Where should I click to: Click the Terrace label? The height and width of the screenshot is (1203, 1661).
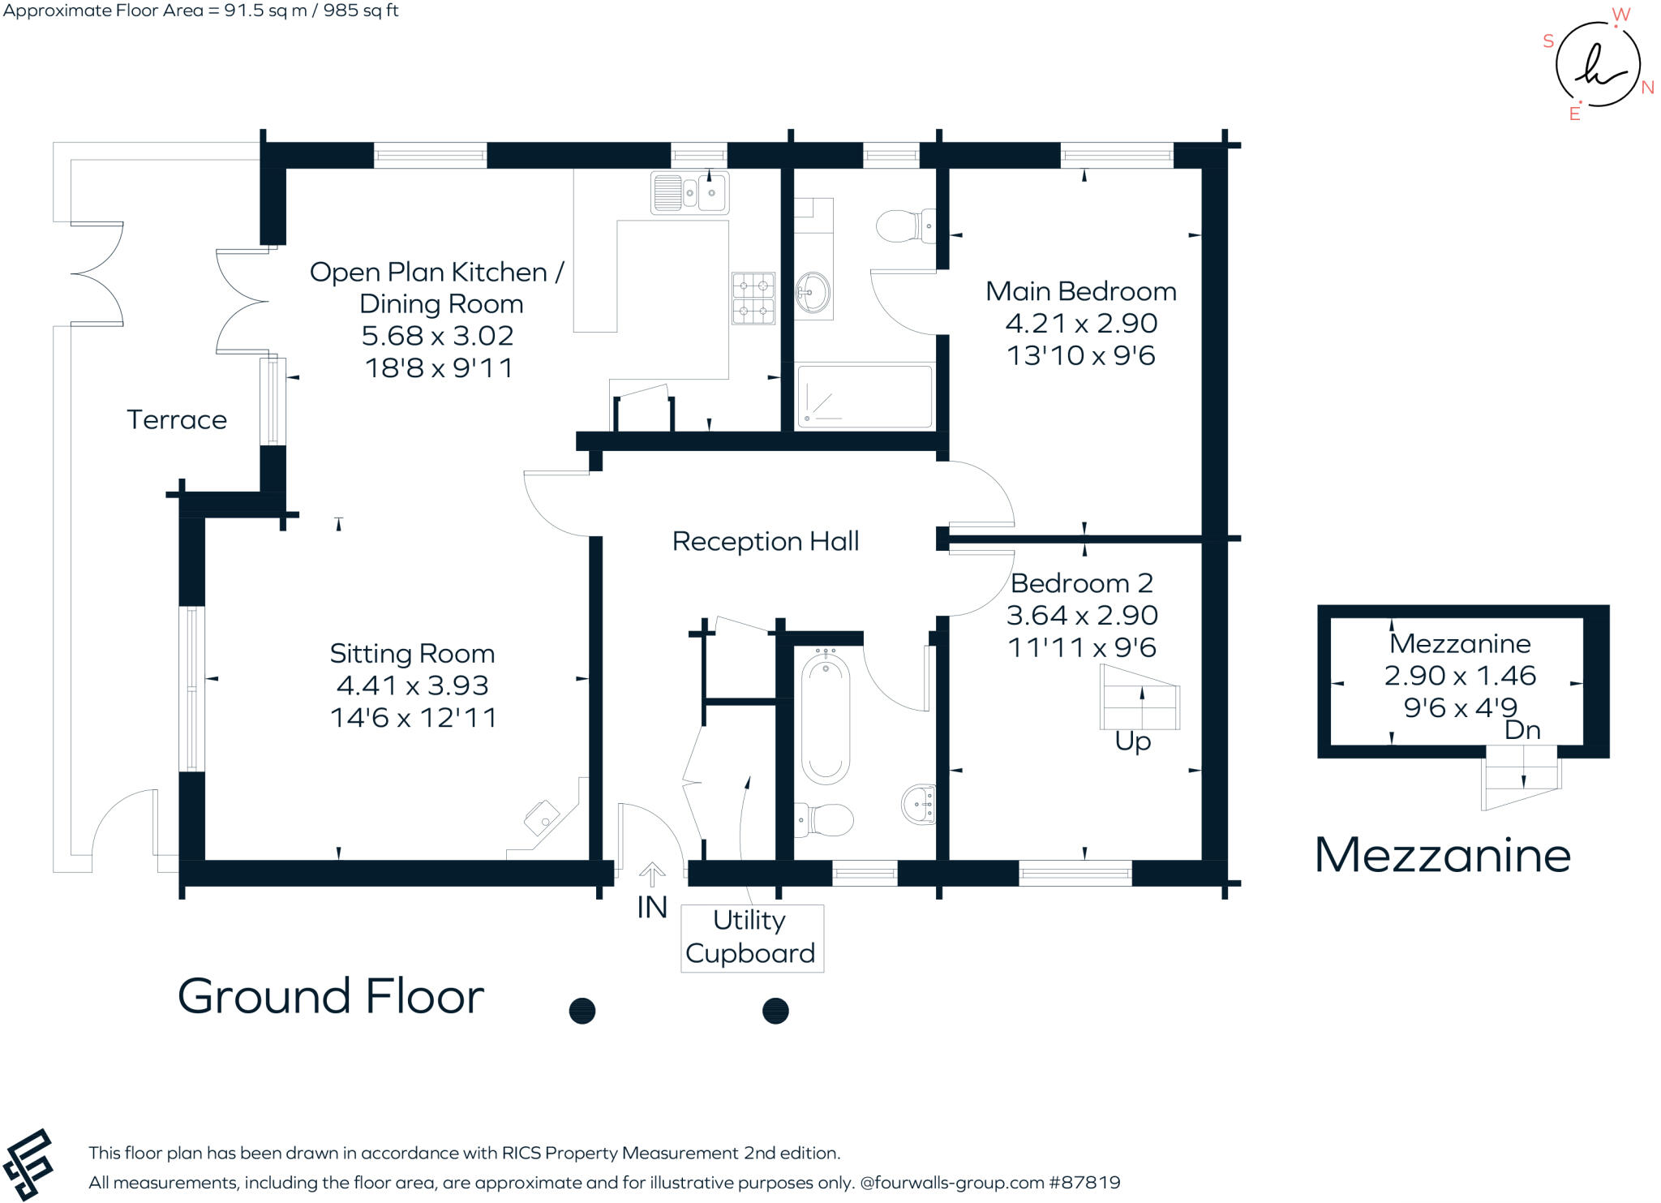[177, 420]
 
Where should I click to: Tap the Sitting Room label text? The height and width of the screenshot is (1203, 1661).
[412, 654]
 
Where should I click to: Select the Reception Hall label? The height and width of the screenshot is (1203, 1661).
[765, 541]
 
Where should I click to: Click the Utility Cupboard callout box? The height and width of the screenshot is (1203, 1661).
[752, 938]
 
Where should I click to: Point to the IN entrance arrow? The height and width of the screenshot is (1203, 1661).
[652, 875]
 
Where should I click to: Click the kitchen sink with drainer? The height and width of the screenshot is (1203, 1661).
[689, 193]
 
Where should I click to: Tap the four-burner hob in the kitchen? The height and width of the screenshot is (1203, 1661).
[753, 298]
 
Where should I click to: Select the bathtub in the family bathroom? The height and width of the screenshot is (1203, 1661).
[826, 719]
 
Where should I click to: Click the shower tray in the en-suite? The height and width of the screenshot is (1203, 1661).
[865, 397]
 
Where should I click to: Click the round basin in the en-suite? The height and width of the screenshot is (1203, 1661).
[813, 292]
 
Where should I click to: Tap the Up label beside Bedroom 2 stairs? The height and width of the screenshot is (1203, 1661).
[1133, 741]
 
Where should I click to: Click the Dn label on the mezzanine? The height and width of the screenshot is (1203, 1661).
[1522, 731]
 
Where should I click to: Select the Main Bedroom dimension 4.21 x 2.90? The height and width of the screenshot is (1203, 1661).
[1081, 324]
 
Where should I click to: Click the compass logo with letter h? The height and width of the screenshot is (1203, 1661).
[1597, 65]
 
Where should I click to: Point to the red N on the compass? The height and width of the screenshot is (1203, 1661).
[1647, 88]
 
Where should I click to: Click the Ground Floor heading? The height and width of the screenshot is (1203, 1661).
[331, 996]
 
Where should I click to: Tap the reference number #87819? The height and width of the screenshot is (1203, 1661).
[1084, 1183]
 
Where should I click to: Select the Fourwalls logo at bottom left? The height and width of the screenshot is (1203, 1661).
[28, 1165]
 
